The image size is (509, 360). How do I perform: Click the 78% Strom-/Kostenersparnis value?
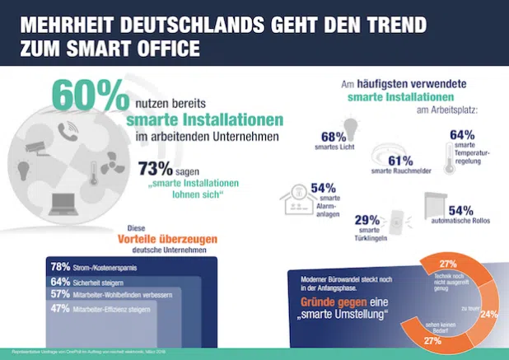coord(60,267)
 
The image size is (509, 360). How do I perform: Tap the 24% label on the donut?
coord(489,313)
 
